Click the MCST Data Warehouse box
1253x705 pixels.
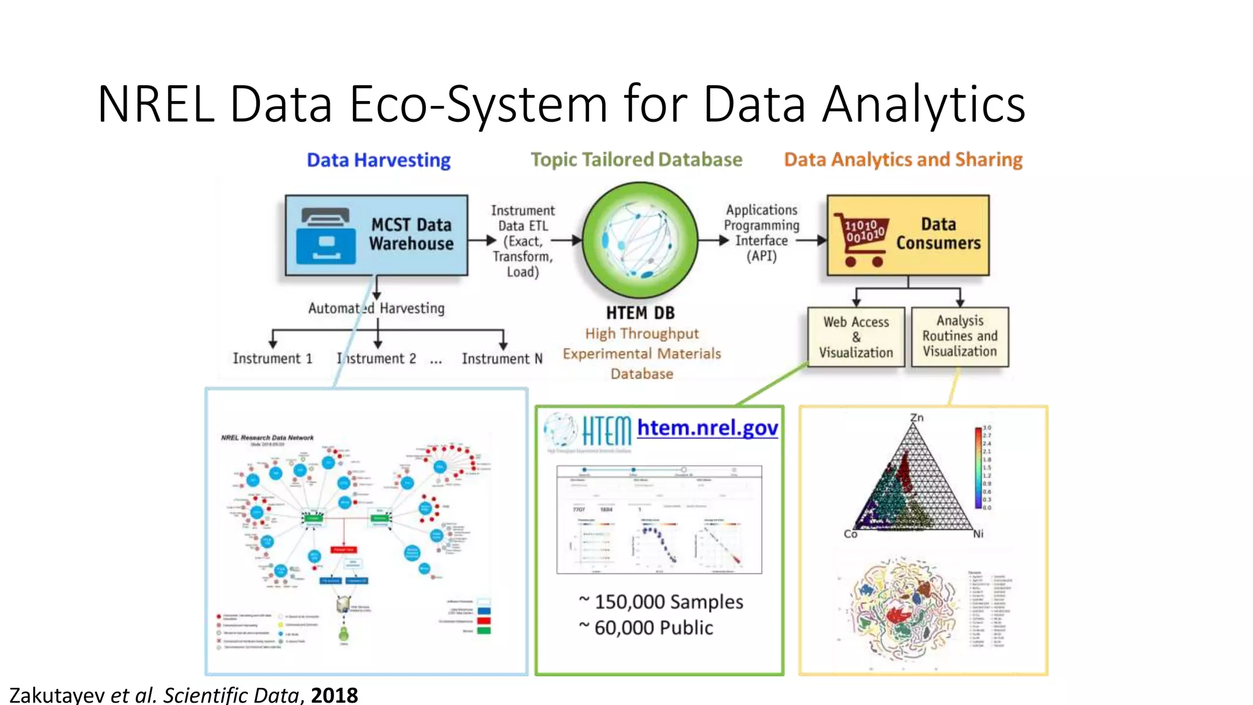pyautogui.click(x=376, y=236)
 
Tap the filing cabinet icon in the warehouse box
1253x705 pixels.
pyautogui.click(x=325, y=236)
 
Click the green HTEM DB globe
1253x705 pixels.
pyautogui.click(x=640, y=240)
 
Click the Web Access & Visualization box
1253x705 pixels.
pyautogui.click(x=855, y=337)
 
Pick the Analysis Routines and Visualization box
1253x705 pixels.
pyautogui.click(x=959, y=337)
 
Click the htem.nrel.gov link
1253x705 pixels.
pyautogui.click(x=707, y=427)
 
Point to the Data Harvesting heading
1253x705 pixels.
pyautogui.click(x=378, y=160)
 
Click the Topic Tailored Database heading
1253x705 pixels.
pyautogui.click(x=636, y=160)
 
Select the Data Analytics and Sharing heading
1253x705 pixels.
pyautogui.click(x=903, y=160)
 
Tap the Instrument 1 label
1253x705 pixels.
pyautogui.click(x=272, y=359)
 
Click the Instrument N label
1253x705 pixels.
pyautogui.click(x=502, y=359)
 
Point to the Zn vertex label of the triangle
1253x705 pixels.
pyautogui.click(x=917, y=418)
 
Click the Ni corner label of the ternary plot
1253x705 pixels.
pyautogui.click(x=978, y=534)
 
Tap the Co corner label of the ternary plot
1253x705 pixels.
pyautogui.click(x=850, y=534)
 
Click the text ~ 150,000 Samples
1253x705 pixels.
pyautogui.click(x=661, y=602)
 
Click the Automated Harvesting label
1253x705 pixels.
pyautogui.click(x=376, y=308)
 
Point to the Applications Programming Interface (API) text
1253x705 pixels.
pyautogui.click(x=761, y=233)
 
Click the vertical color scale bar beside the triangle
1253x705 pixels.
pyautogui.click(x=978, y=468)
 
